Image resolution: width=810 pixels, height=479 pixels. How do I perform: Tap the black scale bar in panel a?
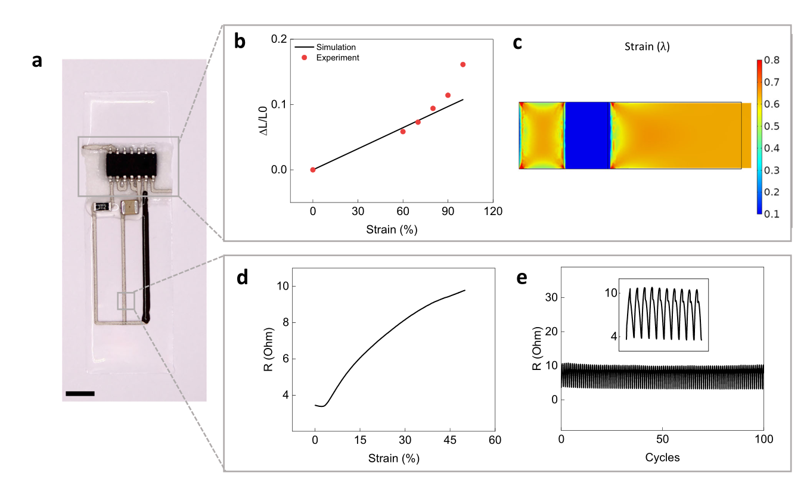(80, 393)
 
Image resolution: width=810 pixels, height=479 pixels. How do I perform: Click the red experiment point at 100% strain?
(463, 64)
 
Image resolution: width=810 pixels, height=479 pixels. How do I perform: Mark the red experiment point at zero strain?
(313, 170)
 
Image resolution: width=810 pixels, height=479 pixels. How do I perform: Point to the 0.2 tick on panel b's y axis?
(278, 39)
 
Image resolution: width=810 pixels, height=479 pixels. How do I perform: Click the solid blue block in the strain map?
(588, 136)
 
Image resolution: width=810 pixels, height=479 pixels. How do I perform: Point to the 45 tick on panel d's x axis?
(450, 440)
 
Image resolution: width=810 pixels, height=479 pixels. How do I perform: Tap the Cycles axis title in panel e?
(662, 458)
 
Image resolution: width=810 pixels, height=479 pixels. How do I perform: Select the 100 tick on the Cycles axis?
(764, 440)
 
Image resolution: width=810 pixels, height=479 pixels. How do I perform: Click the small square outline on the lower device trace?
(126, 301)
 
